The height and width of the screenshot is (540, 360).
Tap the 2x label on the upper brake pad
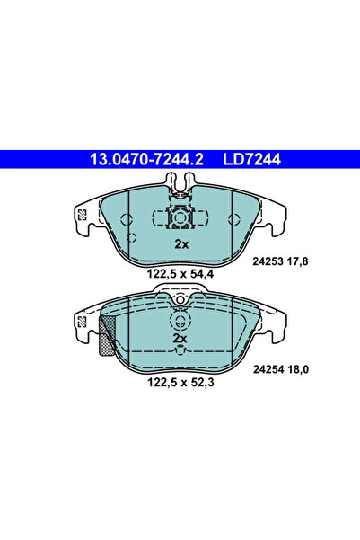point(180,244)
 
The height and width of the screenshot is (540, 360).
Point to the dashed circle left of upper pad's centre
point(132,238)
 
